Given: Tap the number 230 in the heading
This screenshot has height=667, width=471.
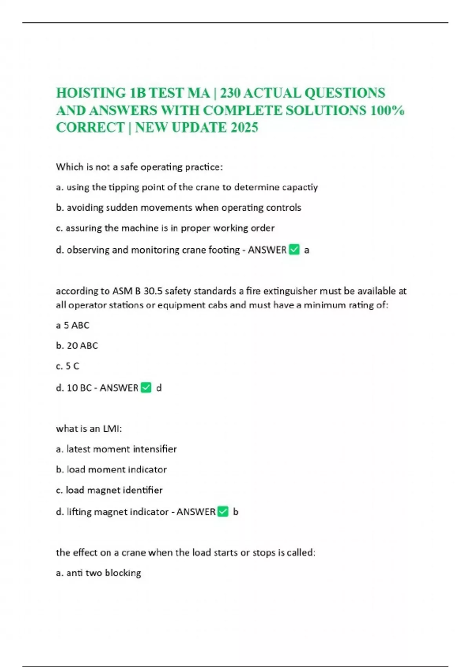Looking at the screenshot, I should pyautogui.click(x=232, y=93).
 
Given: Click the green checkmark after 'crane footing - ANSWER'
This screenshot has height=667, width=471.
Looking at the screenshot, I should pyautogui.click(x=294, y=250).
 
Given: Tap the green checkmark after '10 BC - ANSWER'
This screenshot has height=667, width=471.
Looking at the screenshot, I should pyautogui.click(x=146, y=388).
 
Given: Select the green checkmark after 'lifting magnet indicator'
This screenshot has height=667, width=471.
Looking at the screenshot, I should pyautogui.click(x=223, y=512).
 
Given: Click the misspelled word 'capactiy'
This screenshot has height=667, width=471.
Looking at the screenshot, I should pyautogui.click(x=300, y=187).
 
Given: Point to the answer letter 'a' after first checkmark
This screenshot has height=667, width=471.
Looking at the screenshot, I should pyautogui.click(x=307, y=250).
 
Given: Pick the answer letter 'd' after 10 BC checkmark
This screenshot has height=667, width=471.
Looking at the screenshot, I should pyautogui.click(x=159, y=388).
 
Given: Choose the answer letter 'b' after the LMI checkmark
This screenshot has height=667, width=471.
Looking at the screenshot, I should pyautogui.click(x=235, y=512).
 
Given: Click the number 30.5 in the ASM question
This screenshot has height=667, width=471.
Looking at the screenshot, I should pyautogui.click(x=153, y=291).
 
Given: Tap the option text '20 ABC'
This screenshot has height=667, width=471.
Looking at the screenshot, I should pyautogui.click(x=82, y=345).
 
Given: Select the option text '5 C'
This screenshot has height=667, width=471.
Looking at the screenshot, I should pyautogui.click(x=73, y=366).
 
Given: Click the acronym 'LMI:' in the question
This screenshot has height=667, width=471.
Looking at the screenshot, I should pyautogui.click(x=112, y=428).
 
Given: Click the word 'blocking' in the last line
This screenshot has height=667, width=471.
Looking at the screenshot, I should pyautogui.click(x=123, y=573).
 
